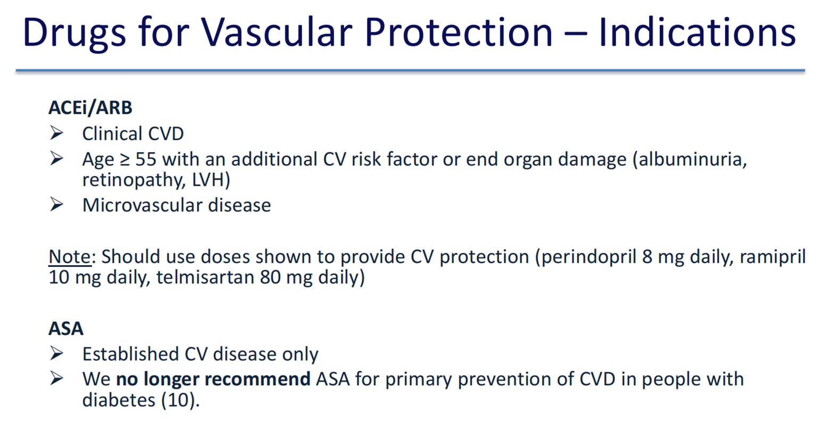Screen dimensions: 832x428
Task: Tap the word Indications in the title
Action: (697, 32)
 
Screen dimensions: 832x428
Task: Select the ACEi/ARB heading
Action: (90, 107)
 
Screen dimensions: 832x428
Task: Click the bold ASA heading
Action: (66, 328)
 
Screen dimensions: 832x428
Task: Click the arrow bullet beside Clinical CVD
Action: (56, 133)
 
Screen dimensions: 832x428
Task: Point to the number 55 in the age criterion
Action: (146, 160)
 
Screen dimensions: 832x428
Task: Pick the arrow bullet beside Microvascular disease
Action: (56, 205)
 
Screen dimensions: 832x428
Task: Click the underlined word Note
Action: (70, 256)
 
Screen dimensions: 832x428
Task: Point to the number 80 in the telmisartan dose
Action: (270, 278)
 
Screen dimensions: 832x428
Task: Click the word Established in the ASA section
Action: (130, 354)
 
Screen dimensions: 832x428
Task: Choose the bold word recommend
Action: (257, 379)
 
